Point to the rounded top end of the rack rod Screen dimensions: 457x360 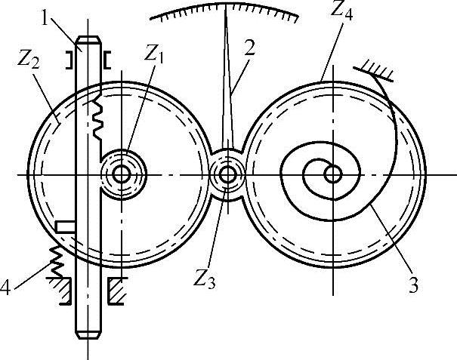(88, 41)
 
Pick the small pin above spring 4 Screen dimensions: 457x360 (66, 226)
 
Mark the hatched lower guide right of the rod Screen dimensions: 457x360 (116, 291)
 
